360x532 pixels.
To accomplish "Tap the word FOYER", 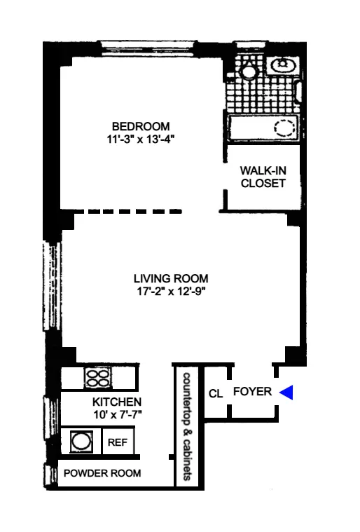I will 252,392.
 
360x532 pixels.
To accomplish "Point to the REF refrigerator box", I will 116,443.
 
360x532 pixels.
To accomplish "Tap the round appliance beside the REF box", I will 81,442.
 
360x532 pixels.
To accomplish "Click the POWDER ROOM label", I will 102,474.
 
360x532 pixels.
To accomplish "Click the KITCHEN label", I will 118,402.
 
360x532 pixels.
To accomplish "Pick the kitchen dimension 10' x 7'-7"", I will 118,415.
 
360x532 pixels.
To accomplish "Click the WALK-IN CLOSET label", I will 263,177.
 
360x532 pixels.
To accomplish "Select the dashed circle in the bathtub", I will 284,128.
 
